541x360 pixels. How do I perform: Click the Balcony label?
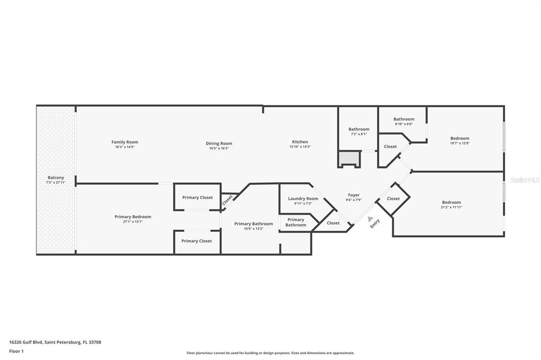point(55,177)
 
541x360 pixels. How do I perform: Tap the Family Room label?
point(125,142)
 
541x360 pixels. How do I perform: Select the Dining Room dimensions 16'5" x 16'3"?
point(219,148)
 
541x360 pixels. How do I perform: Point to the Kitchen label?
point(300,141)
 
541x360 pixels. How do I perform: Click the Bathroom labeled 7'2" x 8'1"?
point(359,129)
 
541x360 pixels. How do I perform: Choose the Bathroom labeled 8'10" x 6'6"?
point(404,119)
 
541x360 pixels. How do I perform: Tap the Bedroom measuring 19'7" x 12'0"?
point(460,138)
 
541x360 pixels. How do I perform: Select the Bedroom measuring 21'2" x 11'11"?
point(451,202)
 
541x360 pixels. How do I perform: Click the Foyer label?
point(353,195)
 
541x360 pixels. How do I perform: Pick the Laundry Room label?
point(303,198)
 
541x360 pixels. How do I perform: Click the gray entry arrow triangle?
point(370,219)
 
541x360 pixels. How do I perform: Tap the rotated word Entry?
point(375,223)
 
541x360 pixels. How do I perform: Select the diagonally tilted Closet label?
point(228,200)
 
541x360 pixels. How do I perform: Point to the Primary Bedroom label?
point(133,216)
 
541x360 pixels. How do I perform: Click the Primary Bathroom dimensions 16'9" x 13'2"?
point(254,229)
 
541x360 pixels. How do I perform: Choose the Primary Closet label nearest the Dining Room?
point(197,197)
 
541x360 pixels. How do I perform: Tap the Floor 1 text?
point(17,351)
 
